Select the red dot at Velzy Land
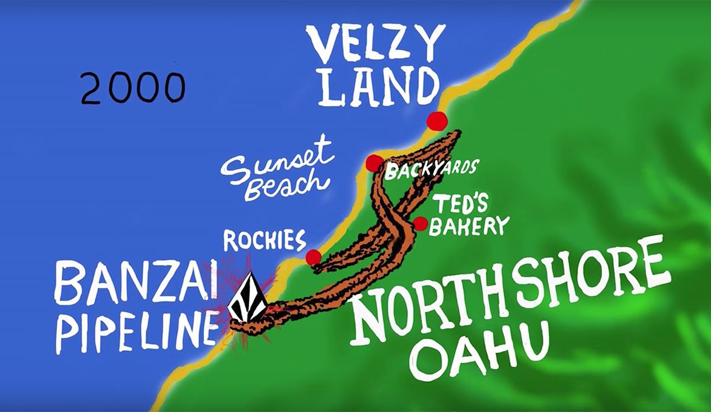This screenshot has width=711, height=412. pyautogui.click(x=437, y=120)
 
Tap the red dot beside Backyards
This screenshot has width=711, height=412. pyautogui.click(x=374, y=163)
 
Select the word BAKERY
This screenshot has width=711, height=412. pyautogui.click(x=469, y=226)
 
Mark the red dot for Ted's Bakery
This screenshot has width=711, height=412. pyautogui.click(x=420, y=223)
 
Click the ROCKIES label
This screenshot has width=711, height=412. pyautogui.click(x=264, y=240)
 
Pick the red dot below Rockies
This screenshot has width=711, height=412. pyautogui.click(x=313, y=257)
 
